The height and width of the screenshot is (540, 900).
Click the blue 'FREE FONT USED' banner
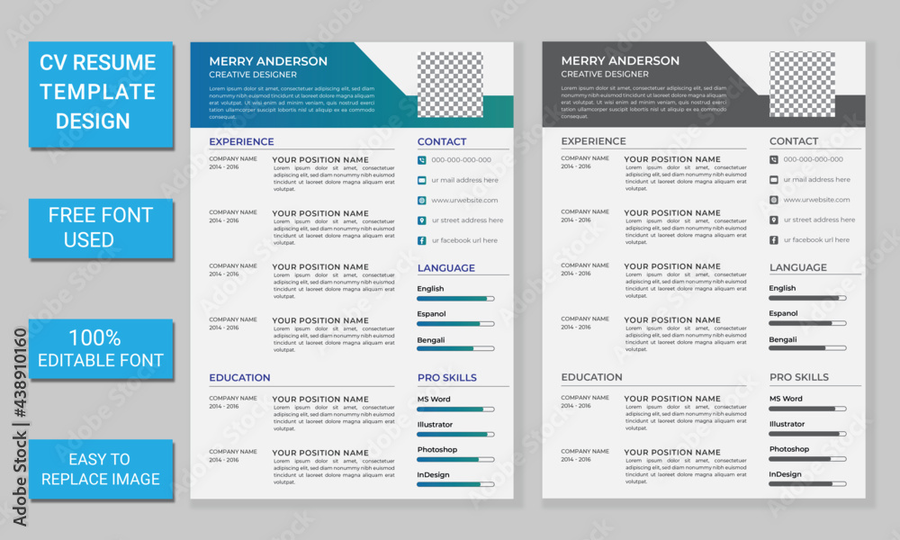coord(101,227)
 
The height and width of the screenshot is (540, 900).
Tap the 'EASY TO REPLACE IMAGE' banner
coord(101,468)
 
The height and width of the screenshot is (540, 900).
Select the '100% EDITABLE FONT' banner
coord(101,348)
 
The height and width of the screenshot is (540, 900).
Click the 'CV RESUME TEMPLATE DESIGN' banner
coord(101,92)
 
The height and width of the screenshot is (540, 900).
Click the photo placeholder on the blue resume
coord(450,84)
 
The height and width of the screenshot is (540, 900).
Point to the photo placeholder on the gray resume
coord(802,84)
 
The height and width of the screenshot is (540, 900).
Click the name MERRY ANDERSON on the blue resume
coord(268,61)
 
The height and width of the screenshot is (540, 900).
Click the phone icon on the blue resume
coord(421,160)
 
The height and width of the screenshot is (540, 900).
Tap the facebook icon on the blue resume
coord(421,240)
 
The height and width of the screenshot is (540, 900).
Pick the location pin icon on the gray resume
coord(773,220)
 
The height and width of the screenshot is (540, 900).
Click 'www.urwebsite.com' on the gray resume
coord(816,200)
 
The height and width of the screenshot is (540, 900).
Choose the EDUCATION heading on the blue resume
coord(239,378)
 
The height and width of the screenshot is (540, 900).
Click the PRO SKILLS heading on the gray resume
coord(799,377)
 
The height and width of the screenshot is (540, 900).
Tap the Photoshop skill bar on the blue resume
coord(455,459)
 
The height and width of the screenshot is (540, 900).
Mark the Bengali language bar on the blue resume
coord(455,348)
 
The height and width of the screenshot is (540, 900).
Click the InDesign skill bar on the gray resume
coord(807,483)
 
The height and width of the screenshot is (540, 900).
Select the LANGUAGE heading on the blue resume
coord(445,268)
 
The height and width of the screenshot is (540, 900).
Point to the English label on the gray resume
coord(782,288)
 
